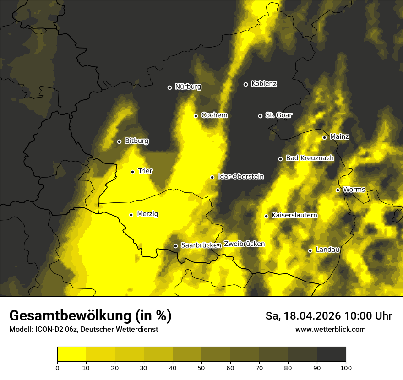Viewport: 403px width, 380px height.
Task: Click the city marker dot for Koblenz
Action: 245,84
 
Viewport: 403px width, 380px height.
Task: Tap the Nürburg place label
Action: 188,87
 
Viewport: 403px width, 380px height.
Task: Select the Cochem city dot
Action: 196,116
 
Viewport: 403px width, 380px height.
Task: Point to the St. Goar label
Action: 278,115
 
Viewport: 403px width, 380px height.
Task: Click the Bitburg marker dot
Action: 119,141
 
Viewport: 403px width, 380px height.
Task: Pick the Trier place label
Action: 145,171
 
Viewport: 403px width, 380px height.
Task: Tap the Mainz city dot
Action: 324,137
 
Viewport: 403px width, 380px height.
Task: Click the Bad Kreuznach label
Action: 310,158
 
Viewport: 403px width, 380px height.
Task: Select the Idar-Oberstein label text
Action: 241,177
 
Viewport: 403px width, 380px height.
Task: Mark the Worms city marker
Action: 338,190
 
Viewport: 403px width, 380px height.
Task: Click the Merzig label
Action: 148,214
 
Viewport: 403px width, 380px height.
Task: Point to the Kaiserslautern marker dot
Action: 266,216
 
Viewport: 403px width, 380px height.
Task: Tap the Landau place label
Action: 327,250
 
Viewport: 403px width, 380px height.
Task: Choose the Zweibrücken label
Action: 244,244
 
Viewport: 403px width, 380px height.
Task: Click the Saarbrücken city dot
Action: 175,246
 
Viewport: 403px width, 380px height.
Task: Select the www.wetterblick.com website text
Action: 330,329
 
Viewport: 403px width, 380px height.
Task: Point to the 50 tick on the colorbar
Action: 201,367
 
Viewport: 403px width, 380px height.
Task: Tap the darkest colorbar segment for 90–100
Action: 331,354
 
